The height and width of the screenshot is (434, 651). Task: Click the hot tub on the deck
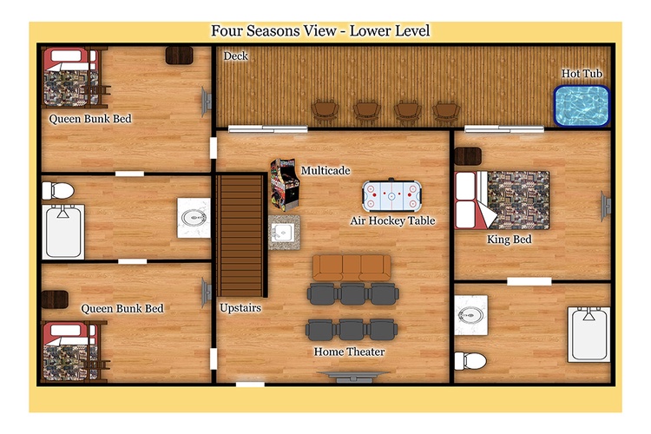(582, 106)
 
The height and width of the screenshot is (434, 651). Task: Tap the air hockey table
(391, 195)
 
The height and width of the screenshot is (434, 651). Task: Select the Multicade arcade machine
(285, 183)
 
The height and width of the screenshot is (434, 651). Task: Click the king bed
(502, 201)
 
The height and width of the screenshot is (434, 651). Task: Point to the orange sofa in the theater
(352, 267)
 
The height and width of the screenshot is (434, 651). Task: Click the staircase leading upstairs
(240, 235)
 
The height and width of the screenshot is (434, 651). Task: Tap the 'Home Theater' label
(349, 352)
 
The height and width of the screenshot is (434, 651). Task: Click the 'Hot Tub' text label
(582, 74)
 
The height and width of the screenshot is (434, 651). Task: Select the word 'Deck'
(235, 56)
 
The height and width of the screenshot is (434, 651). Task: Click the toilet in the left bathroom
(57, 191)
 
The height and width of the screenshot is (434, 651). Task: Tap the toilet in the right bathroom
(470, 360)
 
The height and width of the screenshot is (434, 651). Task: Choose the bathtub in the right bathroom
(589, 334)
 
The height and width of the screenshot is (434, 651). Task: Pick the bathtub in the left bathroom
(63, 232)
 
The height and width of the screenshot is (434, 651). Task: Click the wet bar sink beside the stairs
(284, 233)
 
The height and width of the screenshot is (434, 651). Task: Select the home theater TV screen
(352, 376)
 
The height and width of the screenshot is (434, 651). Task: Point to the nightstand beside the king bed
(468, 156)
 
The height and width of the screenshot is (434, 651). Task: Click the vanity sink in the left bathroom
(194, 218)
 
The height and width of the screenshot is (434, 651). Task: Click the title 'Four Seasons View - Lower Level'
(320, 30)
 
